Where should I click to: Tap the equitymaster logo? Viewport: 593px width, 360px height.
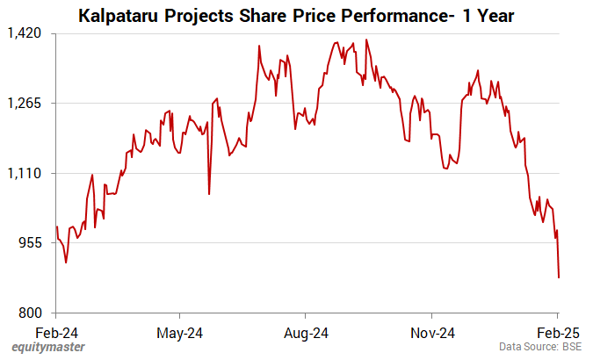pyautogui.click(x=49, y=348)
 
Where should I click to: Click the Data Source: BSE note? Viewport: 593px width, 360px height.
pyautogui.click(x=541, y=348)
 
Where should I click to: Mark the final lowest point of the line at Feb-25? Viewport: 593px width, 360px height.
pyautogui.click(x=559, y=277)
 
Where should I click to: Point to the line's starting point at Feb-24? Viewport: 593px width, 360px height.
pyautogui.click(x=56, y=227)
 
